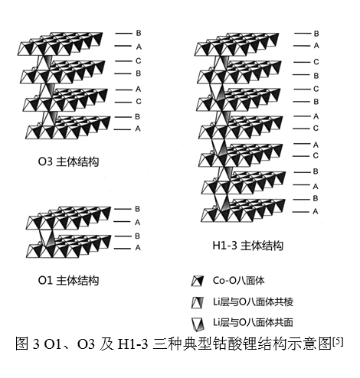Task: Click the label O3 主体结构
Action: (68, 161)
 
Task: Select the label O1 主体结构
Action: (68, 280)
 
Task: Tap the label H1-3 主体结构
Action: (248, 246)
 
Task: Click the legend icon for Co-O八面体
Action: (198, 281)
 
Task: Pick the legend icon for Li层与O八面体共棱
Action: (198, 302)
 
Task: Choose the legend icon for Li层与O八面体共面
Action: (198, 324)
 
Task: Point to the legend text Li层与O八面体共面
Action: (253, 322)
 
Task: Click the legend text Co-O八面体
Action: (238, 281)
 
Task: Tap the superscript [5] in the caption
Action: (338, 341)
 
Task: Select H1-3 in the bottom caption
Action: (133, 344)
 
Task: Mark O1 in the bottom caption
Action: (53, 344)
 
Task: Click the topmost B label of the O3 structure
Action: (139, 33)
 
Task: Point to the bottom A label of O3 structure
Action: (138, 129)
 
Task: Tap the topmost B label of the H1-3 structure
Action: (316, 34)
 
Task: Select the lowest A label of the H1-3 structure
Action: (316, 211)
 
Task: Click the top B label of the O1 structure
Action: (137, 209)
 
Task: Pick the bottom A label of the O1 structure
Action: (138, 247)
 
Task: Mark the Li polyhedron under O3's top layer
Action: (46, 62)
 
